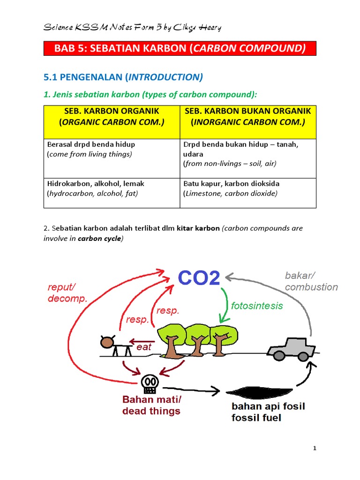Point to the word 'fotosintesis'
(257, 306)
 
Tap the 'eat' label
(144, 347)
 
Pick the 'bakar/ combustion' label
(311, 281)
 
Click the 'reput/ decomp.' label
(67, 292)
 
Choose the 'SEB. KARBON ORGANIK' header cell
(112, 117)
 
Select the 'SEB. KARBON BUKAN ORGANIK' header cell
(248, 117)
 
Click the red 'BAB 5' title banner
(180, 48)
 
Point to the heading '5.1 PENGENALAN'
(123, 77)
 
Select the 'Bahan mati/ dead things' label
(151, 405)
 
